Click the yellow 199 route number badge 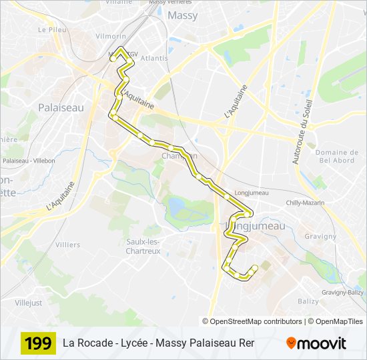pyautogui.click(x=38, y=344)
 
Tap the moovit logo pyautogui.click(x=316, y=344)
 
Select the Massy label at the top pyautogui.click(x=182, y=15)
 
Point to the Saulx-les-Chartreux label pyautogui.click(x=143, y=246)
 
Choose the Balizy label pyautogui.click(x=308, y=301)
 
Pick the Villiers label pyautogui.click(x=68, y=245)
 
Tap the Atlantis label pyautogui.click(x=154, y=58)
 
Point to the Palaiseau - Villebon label pyautogui.click(x=29, y=161)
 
